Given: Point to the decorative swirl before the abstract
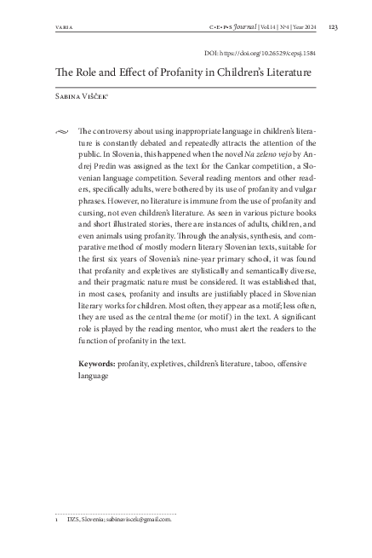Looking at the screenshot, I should pyautogui.click(x=59, y=132).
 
